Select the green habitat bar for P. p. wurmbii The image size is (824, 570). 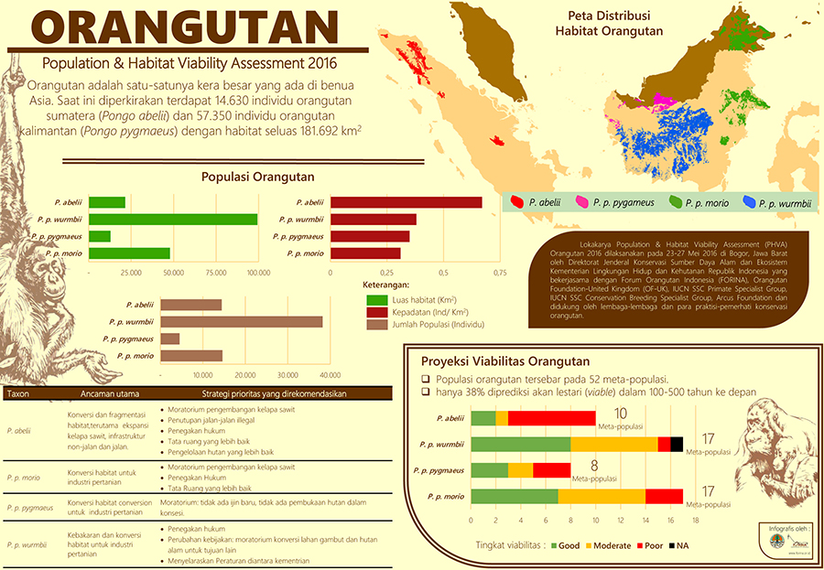pos(173,219)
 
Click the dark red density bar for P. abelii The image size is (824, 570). pos(406,202)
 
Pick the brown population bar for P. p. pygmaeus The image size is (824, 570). pos(169,339)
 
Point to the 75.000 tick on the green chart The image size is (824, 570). pos(216,273)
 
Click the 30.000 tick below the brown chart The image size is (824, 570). pos(287,375)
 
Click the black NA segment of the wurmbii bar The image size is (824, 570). pos(677,445)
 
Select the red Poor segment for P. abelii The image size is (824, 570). pos(551,418)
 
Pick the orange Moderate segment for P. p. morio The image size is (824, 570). pos(602,497)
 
